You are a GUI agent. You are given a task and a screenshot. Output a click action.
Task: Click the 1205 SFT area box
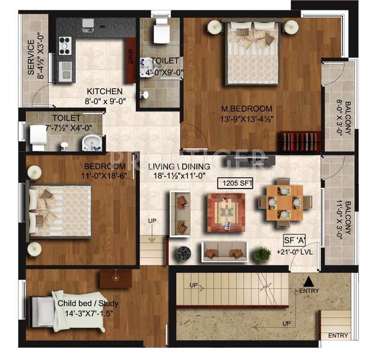pyautogui.click(x=235, y=183)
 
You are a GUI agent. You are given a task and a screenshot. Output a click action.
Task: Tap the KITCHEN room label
pyautogui.click(x=104, y=91)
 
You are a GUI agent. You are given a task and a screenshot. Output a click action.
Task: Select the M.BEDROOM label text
pyautogui.click(x=240, y=109)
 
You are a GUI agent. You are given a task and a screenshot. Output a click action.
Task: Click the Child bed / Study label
pyautogui.click(x=88, y=303)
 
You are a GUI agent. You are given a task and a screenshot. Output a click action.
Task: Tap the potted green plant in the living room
pyautogui.click(x=262, y=254)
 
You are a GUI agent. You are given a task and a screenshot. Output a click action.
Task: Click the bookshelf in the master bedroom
pyautogui.click(x=301, y=142)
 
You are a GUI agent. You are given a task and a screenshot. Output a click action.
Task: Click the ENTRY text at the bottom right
pyautogui.click(x=338, y=336)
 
